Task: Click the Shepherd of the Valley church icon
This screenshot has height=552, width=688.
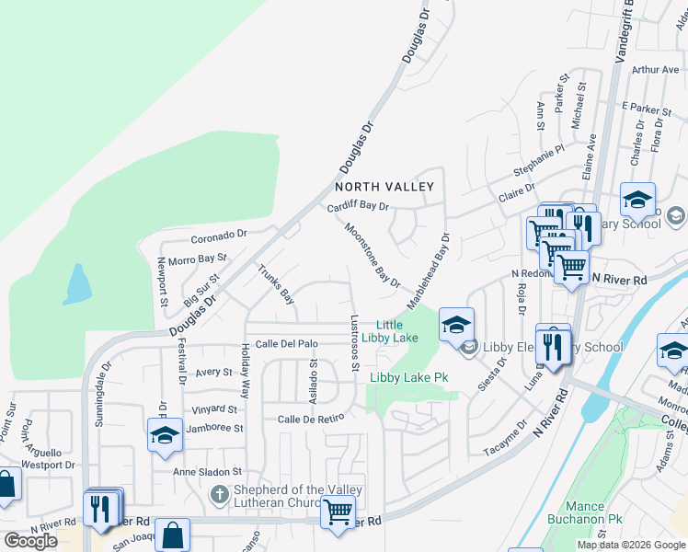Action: click(x=219, y=495)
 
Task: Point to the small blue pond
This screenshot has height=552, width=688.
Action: click(x=76, y=284)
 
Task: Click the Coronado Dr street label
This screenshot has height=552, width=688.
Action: click(x=220, y=235)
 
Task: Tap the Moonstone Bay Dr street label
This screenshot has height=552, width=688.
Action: click(x=373, y=255)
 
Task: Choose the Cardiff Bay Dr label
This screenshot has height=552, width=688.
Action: click(x=359, y=207)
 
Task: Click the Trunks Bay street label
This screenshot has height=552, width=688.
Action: click(x=276, y=284)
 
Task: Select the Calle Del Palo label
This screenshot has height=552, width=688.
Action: click(x=287, y=344)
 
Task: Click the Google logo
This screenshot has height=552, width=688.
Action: click(x=30, y=540)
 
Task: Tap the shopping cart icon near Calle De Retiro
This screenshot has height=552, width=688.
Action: click(x=338, y=511)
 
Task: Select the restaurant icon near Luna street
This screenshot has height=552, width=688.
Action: click(x=552, y=346)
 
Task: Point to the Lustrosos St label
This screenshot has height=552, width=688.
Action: click(x=355, y=344)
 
